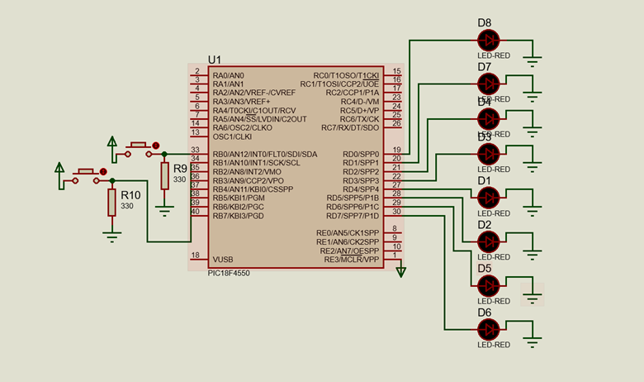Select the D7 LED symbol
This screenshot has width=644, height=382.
coord(490,83)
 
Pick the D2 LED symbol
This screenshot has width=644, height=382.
coord(490,241)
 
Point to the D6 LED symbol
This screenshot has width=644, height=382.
coord(490,328)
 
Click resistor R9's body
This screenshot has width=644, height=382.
coord(165,175)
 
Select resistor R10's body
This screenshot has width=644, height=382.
coord(111,202)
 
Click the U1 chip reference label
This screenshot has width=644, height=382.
coord(215,60)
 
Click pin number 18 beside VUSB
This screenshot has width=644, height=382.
coord(195,255)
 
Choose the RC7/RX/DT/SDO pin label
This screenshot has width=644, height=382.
coord(349,128)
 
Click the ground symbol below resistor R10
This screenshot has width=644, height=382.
coord(111,235)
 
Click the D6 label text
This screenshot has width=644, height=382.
coord(484,313)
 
